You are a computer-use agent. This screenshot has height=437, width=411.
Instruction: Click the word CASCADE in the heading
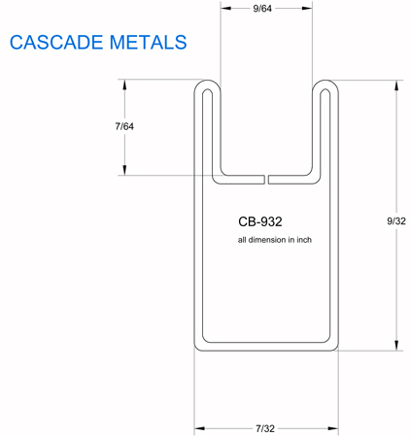[56, 43]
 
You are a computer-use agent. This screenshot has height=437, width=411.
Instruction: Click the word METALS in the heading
[148, 43]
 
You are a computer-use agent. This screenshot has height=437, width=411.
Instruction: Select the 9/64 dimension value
[262, 9]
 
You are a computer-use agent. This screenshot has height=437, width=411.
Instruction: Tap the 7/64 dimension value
[124, 126]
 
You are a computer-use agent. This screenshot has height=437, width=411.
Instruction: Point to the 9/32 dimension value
[396, 221]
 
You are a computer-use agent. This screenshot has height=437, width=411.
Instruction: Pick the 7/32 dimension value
[265, 428]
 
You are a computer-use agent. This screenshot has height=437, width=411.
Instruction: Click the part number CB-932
[260, 221]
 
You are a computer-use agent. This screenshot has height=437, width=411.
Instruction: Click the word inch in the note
[304, 240]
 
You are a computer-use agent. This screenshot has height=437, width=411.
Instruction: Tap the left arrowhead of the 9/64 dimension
[225, 8]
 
